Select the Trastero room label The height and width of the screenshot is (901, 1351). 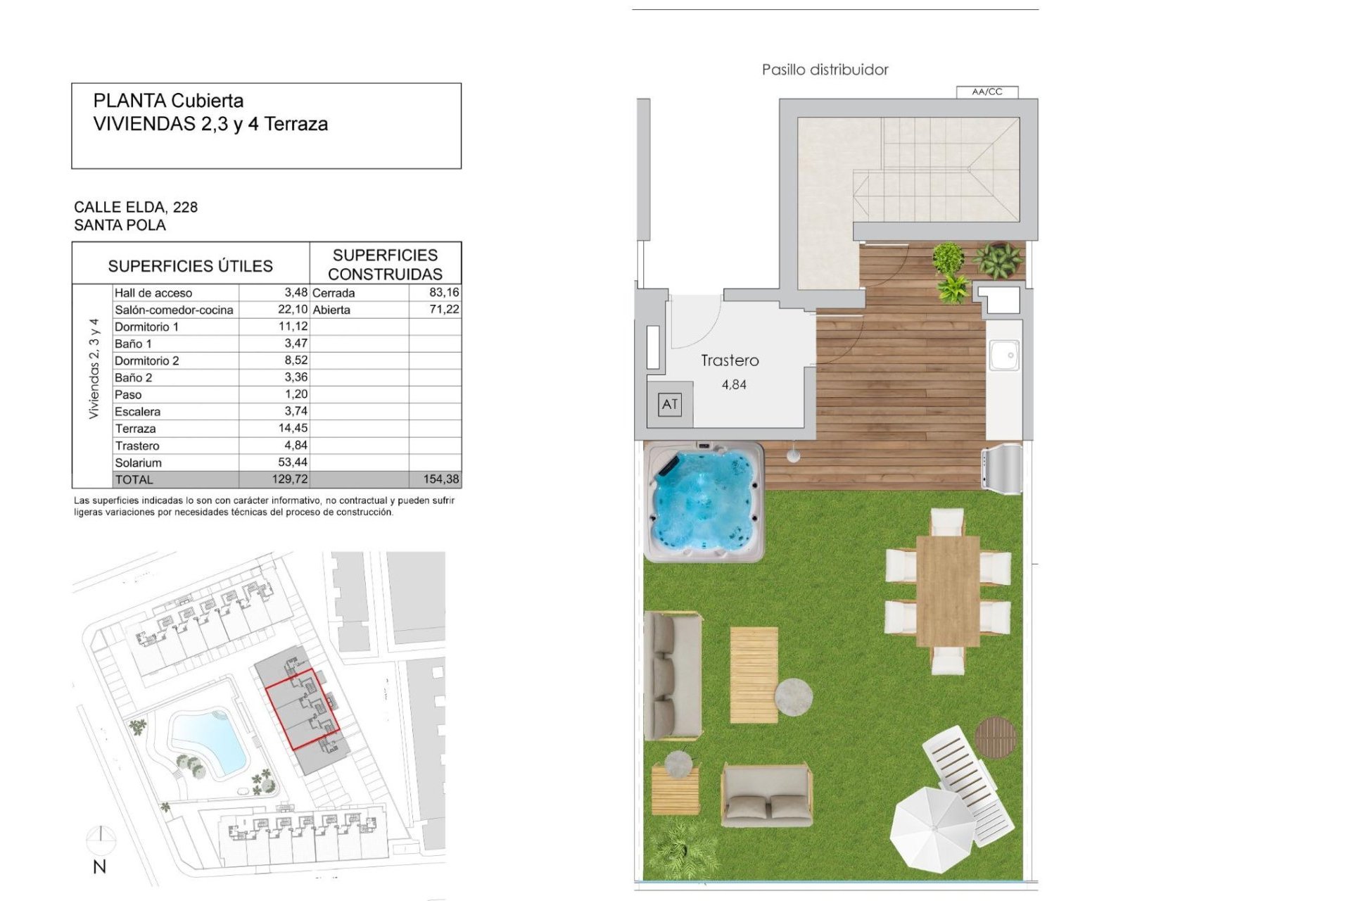tap(730, 360)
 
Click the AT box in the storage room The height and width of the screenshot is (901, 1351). tap(670, 404)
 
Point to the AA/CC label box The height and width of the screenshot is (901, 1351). tap(987, 92)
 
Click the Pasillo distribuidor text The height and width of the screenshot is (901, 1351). tap(825, 70)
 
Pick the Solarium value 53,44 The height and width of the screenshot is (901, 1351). tap(292, 462)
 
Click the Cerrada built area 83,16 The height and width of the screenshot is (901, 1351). tap(443, 292)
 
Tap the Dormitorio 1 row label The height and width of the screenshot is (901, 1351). tap(146, 327)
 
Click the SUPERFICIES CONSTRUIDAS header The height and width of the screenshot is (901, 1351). tap(385, 265)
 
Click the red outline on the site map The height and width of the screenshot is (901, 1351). tap(303, 710)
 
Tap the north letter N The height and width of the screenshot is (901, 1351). tap(100, 867)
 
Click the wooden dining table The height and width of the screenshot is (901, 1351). tap(948, 591)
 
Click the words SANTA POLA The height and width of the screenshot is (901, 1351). tap(120, 225)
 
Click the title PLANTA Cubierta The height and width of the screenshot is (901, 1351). tap(168, 101)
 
